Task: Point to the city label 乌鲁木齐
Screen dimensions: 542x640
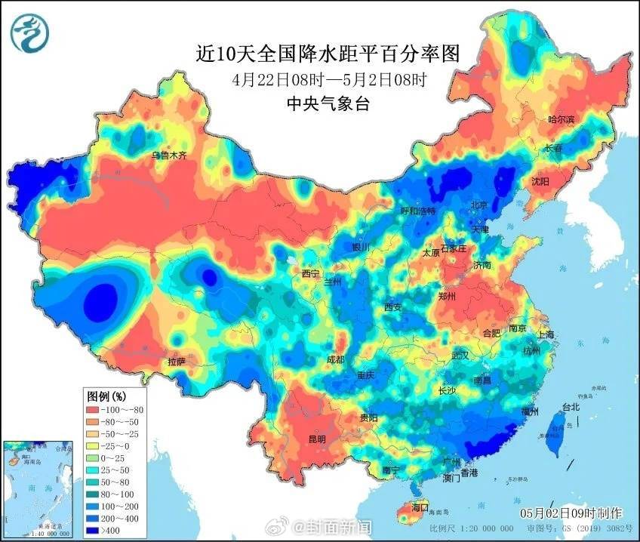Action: coord(168,156)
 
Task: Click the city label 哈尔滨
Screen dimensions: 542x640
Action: coord(560,120)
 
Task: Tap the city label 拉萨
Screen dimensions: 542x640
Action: coord(176,362)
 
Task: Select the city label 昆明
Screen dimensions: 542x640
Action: coord(317,439)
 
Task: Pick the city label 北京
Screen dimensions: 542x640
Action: coord(479,205)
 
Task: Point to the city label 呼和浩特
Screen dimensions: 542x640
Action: coord(417,211)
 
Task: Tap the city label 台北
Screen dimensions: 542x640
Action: coord(571,407)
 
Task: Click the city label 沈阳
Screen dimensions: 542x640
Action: coord(540,181)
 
